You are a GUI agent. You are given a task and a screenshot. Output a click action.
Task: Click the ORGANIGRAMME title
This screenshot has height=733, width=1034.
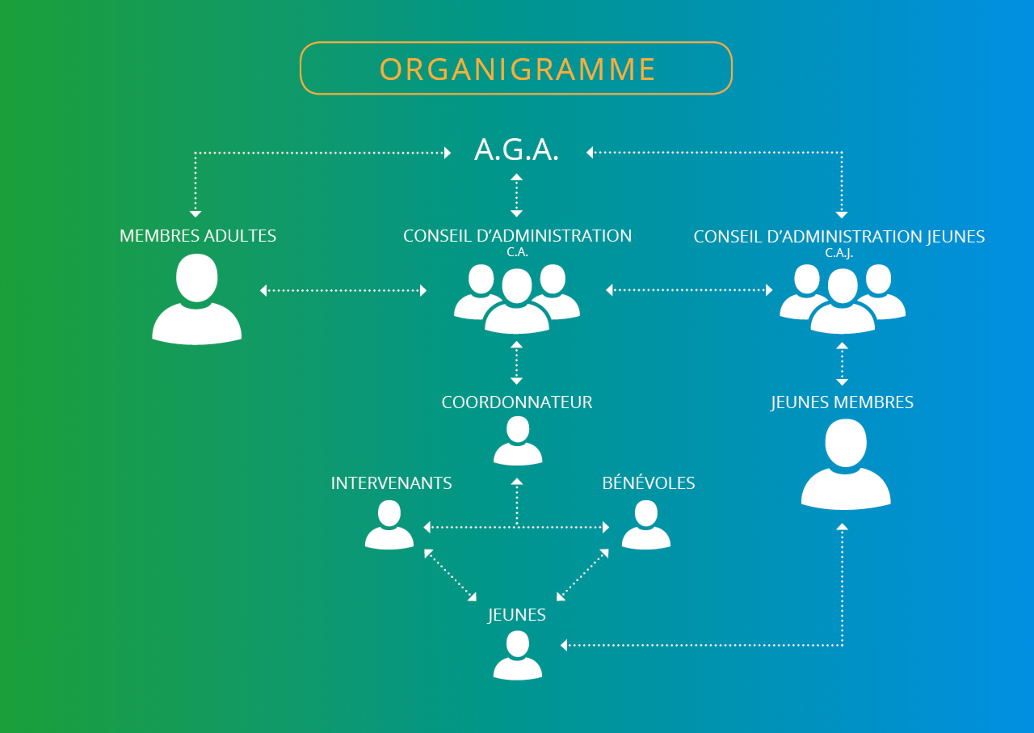(517, 69)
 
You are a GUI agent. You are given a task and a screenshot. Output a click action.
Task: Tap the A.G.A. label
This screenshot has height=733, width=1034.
(517, 150)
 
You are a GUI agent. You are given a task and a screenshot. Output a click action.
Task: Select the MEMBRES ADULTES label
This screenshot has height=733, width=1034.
(198, 236)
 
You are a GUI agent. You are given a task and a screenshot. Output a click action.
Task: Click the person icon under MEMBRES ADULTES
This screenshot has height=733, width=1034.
(197, 299)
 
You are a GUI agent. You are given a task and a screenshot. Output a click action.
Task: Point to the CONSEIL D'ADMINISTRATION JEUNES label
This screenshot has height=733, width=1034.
(839, 237)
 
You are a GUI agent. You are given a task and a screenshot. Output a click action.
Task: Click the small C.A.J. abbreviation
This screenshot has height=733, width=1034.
(839, 253)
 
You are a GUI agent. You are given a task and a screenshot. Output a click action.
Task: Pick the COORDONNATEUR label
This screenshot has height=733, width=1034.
(517, 402)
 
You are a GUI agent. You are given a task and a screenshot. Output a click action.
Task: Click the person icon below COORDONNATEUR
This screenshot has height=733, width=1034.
(518, 442)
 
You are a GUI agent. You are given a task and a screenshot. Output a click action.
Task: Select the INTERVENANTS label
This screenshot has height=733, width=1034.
(392, 483)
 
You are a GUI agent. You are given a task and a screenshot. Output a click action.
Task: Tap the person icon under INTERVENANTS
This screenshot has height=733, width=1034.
(389, 525)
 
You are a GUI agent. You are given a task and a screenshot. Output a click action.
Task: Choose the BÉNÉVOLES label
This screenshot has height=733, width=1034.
(649, 483)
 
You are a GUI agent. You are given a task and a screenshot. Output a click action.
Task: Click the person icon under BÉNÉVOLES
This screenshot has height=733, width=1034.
(645, 525)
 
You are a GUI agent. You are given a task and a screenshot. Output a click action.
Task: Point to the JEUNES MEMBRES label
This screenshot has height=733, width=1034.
(843, 402)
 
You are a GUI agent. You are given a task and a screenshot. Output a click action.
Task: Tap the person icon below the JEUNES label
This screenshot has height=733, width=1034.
(518, 655)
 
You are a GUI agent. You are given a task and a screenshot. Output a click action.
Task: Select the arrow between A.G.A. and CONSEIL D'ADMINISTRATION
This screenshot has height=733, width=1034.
(517, 195)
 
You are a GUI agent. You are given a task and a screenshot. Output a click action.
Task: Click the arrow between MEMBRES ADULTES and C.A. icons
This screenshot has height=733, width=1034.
(343, 290)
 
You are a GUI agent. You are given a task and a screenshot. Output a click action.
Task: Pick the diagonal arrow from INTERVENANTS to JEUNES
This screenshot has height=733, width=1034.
(450, 575)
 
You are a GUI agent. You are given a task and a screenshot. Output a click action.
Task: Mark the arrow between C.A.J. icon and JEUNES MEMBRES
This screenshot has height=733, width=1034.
(843, 363)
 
